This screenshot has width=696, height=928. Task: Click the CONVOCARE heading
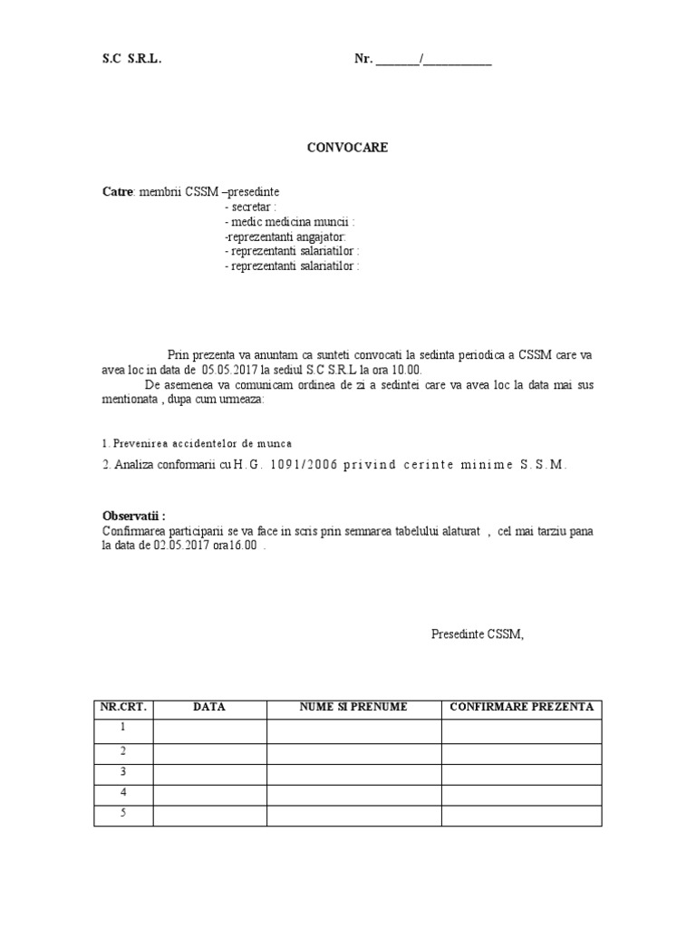click(x=347, y=147)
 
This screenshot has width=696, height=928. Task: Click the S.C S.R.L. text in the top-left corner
click(x=132, y=61)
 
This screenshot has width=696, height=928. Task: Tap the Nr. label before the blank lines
click(x=362, y=61)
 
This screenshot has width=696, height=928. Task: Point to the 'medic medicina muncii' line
click(x=290, y=222)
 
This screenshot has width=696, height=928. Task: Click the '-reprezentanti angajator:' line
click(x=279, y=237)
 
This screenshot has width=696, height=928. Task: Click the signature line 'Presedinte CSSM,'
click(x=478, y=634)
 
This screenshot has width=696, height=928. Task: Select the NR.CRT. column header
click(x=123, y=707)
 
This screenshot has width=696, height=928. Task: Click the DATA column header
click(x=209, y=707)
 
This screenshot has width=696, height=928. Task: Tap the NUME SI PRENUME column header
click(x=353, y=707)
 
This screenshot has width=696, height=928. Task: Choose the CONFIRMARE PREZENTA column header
click(x=521, y=707)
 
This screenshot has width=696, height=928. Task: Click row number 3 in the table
click(x=123, y=772)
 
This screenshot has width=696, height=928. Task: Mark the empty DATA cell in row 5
click(x=209, y=815)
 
